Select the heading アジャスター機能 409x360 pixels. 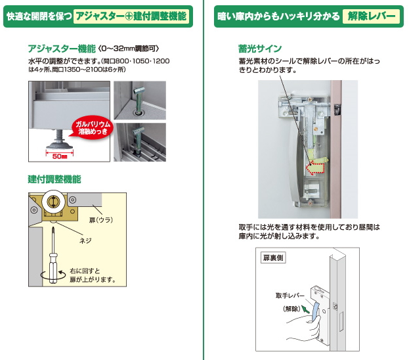tap(62, 49)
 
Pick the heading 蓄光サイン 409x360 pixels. tap(260, 49)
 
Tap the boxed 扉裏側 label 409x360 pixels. tap(273, 258)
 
